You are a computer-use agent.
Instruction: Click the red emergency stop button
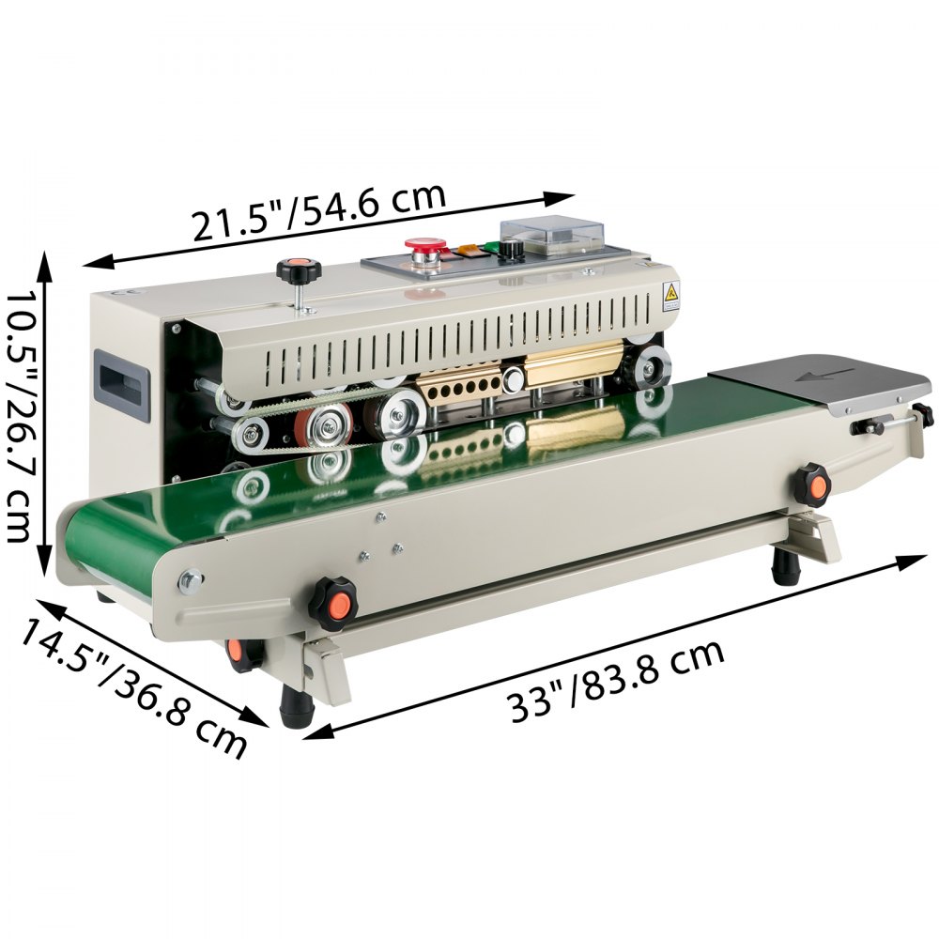coord(425,244)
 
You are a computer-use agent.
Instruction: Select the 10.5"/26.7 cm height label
coord(18,418)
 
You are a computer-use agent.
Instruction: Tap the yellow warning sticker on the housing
coord(671,295)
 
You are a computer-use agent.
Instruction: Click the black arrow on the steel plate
coord(827,376)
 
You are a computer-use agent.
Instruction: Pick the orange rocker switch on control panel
coord(468,252)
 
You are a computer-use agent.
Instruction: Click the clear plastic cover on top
coord(551,236)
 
